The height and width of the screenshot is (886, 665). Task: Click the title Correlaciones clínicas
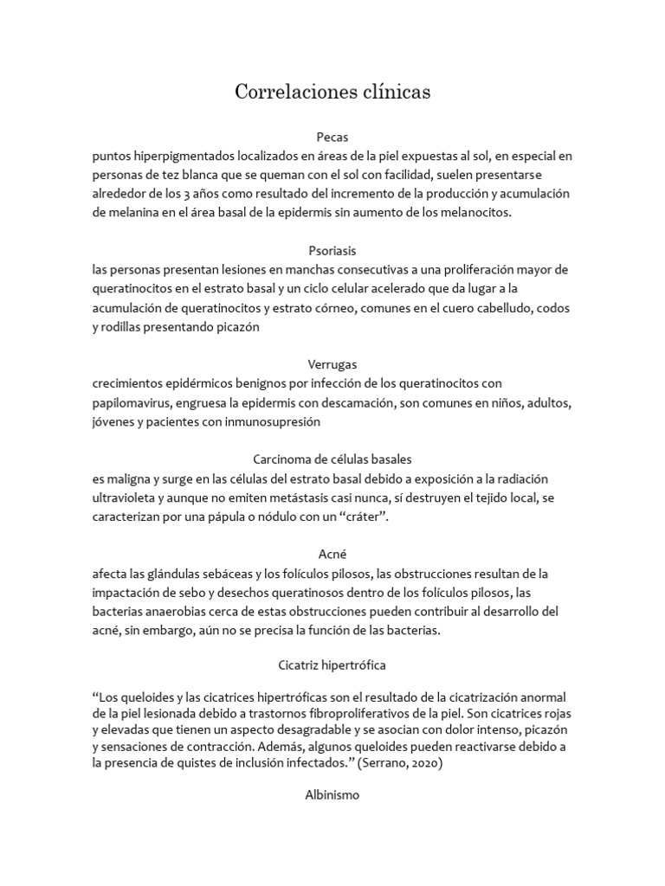click(332, 92)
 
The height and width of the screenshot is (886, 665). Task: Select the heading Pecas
click(332, 137)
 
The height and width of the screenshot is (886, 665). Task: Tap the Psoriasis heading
click(332, 251)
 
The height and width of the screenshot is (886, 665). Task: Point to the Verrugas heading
click(332, 364)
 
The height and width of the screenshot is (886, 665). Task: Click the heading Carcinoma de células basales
click(332, 459)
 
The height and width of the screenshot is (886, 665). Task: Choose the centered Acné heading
click(332, 554)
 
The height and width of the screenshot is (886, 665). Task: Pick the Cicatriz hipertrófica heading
click(332, 666)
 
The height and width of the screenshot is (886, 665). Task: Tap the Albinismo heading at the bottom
click(332, 793)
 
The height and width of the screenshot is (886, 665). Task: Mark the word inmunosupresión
click(274, 421)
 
